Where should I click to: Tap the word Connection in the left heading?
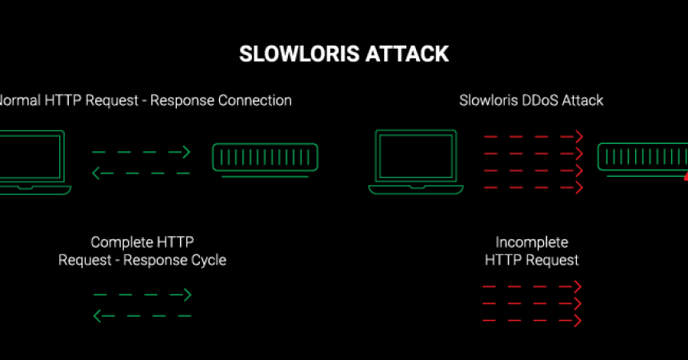click(258, 101)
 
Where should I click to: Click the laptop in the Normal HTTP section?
click(32, 162)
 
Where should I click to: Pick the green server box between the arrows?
click(265, 158)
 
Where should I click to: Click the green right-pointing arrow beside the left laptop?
click(142, 151)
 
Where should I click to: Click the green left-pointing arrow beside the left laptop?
click(142, 172)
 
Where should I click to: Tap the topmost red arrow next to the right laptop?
click(533, 137)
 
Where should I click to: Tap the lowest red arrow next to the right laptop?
click(533, 187)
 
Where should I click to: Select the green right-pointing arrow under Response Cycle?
click(142, 295)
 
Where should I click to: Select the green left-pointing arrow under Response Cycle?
click(142, 316)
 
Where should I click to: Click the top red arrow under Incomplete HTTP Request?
click(532, 286)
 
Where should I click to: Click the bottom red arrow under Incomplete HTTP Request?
click(532, 320)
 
